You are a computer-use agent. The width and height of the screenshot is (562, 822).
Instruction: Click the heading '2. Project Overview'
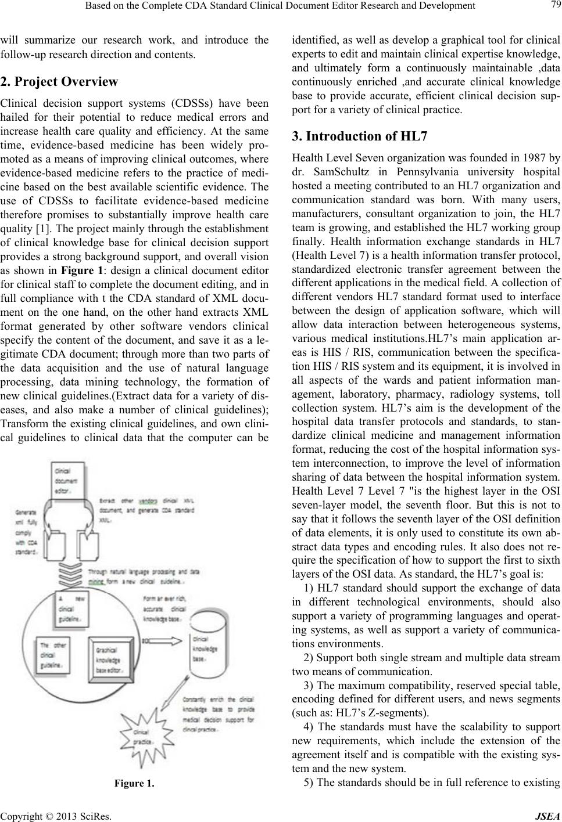60,81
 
